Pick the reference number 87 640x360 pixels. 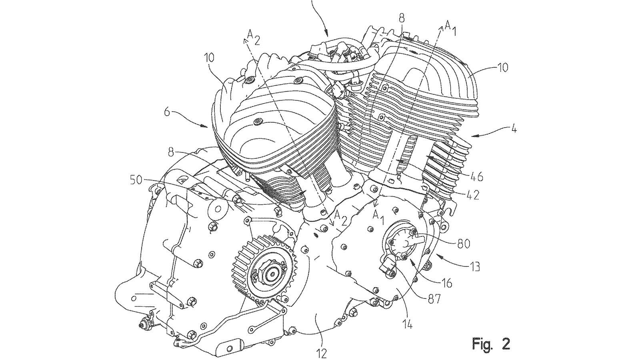pyautogui.click(x=433, y=299)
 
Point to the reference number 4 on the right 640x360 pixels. pyautogui.click(x=514, y=130)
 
